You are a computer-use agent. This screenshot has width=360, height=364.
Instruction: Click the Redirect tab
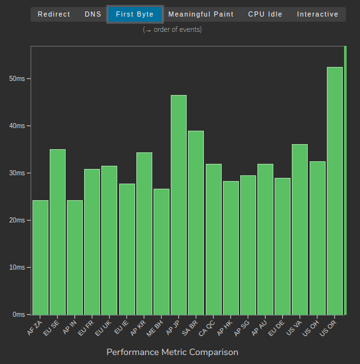[54, 14]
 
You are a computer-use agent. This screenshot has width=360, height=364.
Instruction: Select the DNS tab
[93, 14]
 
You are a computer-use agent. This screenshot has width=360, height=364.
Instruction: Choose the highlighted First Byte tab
[135, 14]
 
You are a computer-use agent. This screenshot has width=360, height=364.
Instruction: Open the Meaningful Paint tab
[201, 14]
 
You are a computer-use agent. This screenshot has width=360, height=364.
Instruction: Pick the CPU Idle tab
[265, 14]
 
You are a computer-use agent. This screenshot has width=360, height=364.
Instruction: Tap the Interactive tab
[317, 14]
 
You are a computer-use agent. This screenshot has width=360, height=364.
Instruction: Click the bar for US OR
[335, 191]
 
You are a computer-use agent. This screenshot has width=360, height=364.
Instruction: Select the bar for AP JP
[178, 205]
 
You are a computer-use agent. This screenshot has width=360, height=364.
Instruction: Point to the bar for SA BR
[196, 222]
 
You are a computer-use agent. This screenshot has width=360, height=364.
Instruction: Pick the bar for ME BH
[161, 252]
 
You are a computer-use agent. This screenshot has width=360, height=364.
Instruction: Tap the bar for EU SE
[57, 232]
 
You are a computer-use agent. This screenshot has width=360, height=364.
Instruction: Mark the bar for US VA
[299, 229]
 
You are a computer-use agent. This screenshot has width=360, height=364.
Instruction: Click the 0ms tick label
[18, 314]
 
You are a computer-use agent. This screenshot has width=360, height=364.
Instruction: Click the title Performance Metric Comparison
[172, 352]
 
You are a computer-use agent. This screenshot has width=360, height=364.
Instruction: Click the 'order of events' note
[173, 29]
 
